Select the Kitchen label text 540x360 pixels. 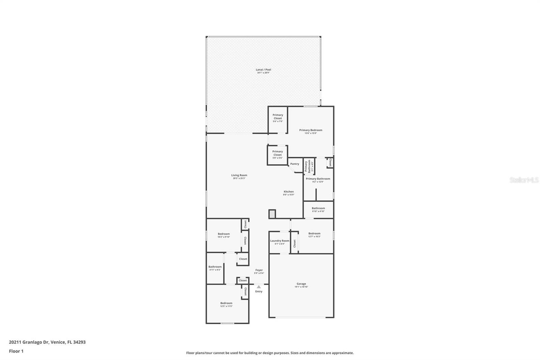point(289,192)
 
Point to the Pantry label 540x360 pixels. point(295,164)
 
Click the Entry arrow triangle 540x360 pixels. point(259,287)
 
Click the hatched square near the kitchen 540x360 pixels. point(272,214)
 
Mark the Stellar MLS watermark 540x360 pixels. point(524,180)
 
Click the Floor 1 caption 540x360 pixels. point(16,351)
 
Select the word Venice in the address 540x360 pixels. point(58,342)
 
